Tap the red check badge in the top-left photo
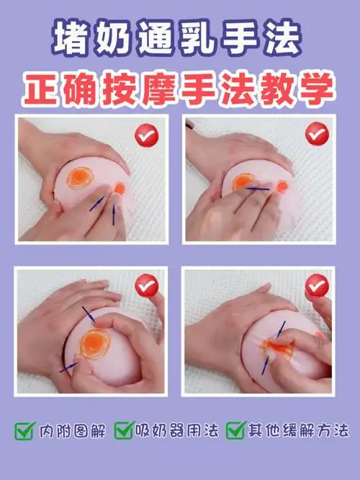pos(147,134)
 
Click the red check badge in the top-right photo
pos(316,134)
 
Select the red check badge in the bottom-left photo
pos(147,285)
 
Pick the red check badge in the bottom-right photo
pos(316,286)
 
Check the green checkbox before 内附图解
pos(24,431)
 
